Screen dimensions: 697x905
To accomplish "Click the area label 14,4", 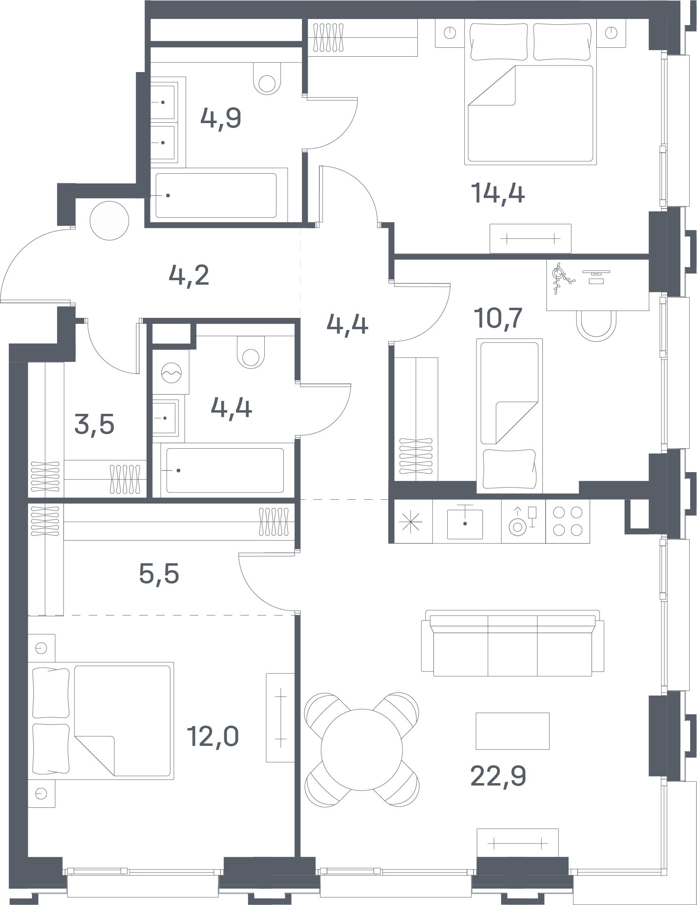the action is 498,193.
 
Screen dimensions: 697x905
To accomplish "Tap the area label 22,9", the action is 498,776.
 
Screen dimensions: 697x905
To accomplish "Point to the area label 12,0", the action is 213,736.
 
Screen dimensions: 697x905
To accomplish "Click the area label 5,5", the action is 159,574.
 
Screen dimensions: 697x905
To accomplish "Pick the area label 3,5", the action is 94,424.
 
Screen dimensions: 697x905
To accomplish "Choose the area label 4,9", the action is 221,118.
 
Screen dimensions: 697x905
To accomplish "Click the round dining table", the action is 361,750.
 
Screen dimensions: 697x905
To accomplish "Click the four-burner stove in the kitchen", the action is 567,521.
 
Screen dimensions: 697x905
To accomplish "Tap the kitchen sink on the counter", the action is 465,524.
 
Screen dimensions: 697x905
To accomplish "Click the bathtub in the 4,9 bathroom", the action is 216,195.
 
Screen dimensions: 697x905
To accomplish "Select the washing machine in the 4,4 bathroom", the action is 171,372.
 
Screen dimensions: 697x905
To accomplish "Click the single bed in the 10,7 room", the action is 510,416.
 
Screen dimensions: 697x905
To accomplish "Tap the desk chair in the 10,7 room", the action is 596,326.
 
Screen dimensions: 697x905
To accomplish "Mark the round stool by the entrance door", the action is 109,220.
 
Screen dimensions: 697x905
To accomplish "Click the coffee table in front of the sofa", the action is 512,731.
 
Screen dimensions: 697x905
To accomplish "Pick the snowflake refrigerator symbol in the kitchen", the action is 411,521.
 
